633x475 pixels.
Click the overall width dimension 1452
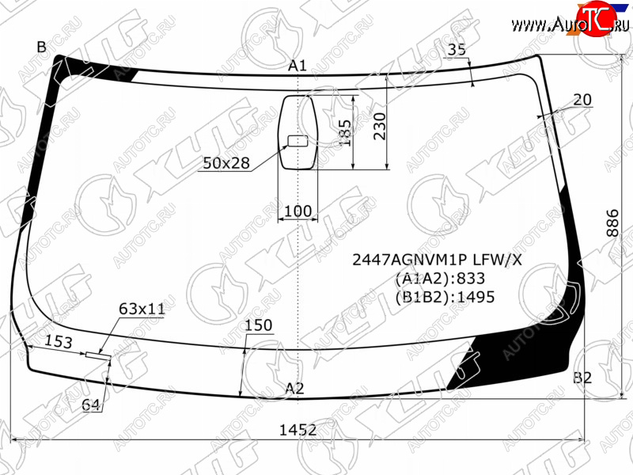(x=298, y=430)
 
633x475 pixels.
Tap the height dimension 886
(x=612, y=223)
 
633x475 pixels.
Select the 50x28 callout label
(x=226, y=163)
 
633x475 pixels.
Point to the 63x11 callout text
(x=142, y=309)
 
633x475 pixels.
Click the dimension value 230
(x=380, y=127)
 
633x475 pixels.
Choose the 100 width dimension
(x=298, y=211)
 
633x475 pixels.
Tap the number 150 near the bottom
(x=259, y=325)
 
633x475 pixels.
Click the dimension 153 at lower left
(x=58, y=342)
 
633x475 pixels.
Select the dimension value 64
(x=90, y=405)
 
